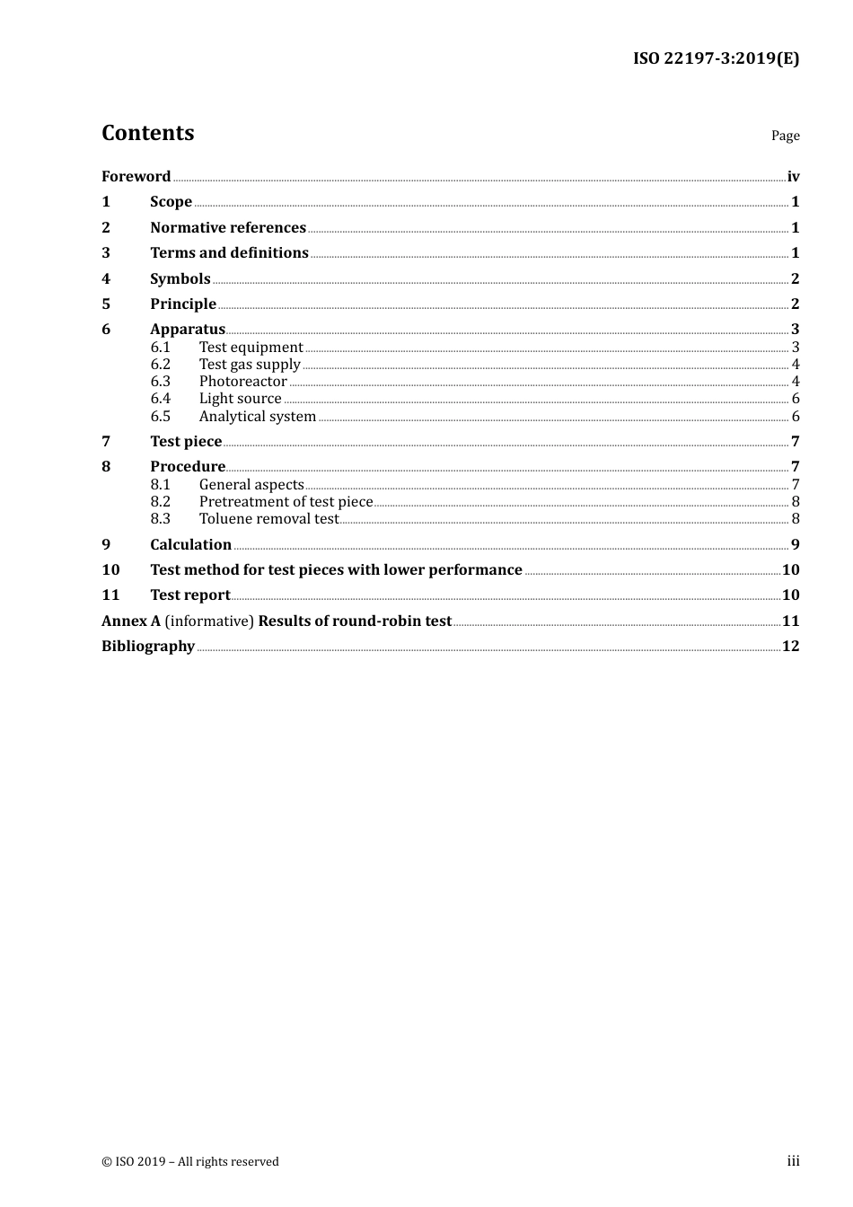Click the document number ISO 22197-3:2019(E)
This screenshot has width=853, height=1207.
716,58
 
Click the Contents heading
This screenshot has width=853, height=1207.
147,133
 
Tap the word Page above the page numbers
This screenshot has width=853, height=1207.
785,136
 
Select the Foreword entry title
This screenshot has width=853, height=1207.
136,176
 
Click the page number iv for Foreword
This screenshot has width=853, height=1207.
793,177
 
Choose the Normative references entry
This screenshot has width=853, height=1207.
228,227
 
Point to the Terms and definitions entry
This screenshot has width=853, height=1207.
229,253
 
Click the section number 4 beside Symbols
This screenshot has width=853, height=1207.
106,278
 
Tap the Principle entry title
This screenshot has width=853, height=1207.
183,304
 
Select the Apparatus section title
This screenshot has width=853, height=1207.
188,330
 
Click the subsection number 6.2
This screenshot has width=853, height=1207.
161,365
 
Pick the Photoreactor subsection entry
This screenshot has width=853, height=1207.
242,382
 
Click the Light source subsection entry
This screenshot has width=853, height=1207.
240,399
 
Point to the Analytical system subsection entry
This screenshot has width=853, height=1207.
257,417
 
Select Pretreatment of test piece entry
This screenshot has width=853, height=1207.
286,502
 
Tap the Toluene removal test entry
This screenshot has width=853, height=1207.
268,519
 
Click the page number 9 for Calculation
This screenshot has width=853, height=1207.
795,544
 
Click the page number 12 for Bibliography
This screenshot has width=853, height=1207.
790,647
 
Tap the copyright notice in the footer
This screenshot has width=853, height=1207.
190,1161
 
